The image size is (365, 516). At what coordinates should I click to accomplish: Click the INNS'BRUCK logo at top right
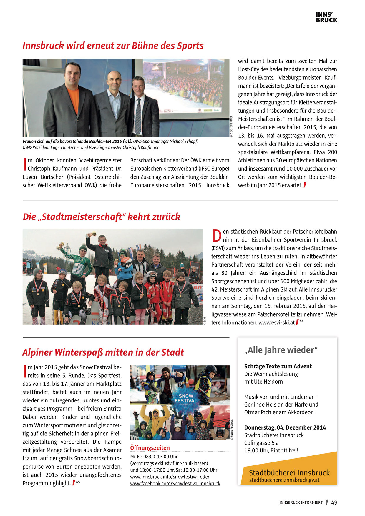326,17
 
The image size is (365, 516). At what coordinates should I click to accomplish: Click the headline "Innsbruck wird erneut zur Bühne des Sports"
113,46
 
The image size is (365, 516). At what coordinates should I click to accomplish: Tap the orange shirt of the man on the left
73,100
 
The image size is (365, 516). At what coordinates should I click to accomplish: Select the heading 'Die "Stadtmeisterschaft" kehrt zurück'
102,217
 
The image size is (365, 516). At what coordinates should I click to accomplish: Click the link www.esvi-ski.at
276,323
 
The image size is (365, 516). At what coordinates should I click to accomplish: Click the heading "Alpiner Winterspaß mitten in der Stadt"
103,352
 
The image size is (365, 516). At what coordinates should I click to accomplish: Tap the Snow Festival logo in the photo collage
186,399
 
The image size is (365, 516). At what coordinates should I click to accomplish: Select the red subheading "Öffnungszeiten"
150,448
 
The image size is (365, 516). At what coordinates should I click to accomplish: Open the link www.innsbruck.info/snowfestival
164,477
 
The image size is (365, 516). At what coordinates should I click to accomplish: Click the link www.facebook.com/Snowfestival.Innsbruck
175,483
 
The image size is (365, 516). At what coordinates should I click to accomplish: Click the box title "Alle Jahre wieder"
281,350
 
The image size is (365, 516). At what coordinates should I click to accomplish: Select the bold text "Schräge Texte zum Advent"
278,366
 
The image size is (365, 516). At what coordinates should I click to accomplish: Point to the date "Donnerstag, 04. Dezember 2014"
285,427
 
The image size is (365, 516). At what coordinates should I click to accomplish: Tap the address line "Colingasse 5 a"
261,443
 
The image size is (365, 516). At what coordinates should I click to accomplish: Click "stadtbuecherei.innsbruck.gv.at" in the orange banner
284,480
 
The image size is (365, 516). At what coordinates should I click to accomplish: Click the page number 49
334,502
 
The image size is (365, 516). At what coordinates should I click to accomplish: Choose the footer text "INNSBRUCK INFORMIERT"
301,502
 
